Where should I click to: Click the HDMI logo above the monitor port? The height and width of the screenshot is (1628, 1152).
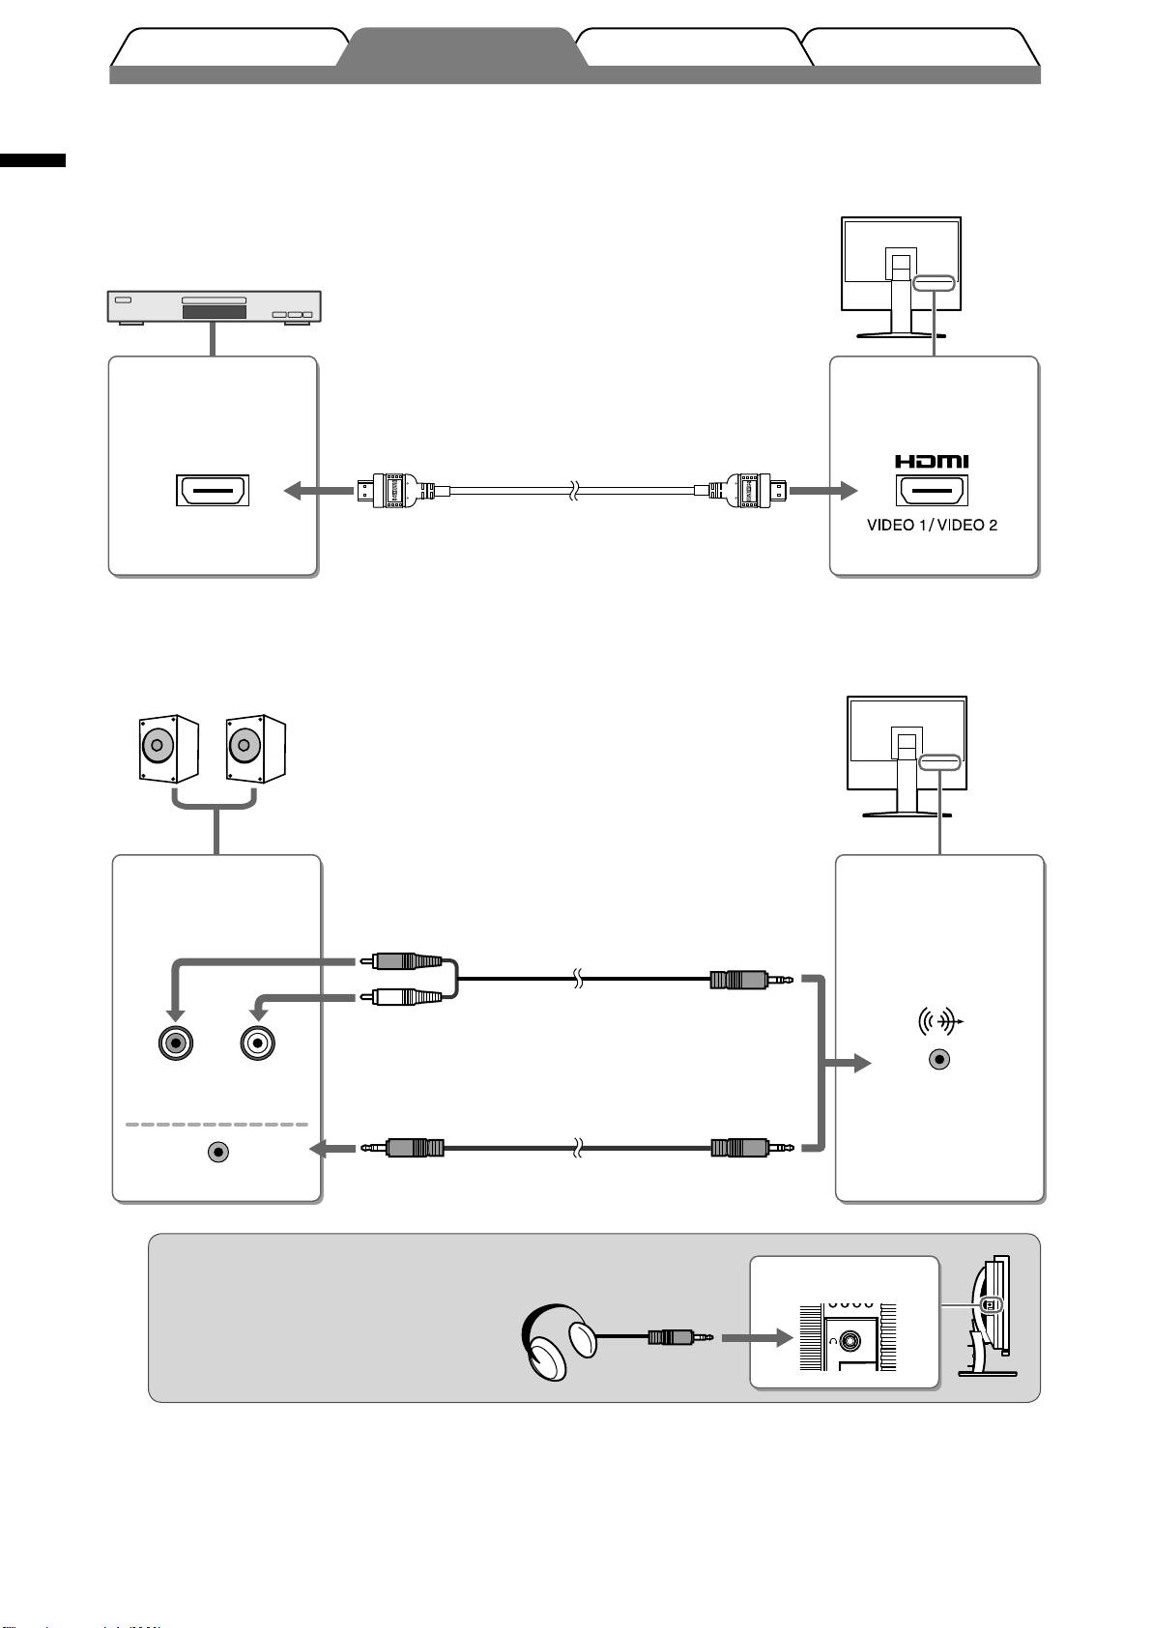point(932,463)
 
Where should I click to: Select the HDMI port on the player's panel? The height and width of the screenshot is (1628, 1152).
point(213,491)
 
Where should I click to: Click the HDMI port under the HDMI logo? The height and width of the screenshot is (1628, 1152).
point(933,491)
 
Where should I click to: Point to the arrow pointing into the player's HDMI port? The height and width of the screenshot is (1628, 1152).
point(317,492)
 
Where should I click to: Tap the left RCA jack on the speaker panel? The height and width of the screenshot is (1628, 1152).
point(175,1043)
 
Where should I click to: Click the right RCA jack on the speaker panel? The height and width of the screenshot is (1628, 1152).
point(258,1043)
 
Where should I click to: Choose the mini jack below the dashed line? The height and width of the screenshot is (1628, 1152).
point(219,1152)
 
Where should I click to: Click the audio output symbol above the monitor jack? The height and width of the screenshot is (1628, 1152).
point(939,1021)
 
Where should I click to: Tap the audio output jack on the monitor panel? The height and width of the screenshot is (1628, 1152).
point(939,1059)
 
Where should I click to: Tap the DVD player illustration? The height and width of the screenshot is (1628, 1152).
point(214,306)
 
